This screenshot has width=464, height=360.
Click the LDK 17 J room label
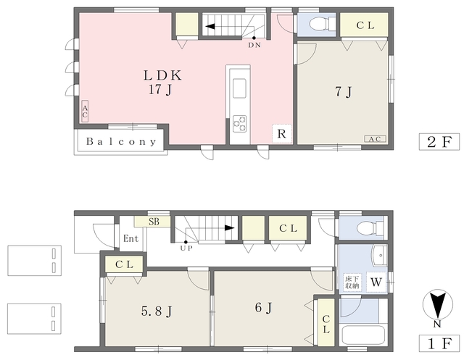(x=162, y=83)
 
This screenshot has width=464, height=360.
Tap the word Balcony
(x=121, y=141)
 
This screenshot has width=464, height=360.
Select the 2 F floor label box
(x=439, y=142)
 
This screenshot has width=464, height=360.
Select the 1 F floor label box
(x=439, y=343)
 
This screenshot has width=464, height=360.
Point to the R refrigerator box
(x=282, y=134)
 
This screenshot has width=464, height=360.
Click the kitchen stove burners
(x=239, y=124)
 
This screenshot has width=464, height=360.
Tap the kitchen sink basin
(x=239, y=88)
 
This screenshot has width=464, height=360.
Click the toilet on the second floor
(x=322, y=23)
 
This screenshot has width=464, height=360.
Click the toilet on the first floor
(x=370, y=228)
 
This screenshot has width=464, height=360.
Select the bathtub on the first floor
(x=363, y=335)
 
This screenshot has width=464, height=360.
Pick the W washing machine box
(x=376, y=282)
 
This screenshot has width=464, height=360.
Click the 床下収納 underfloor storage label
(x=352, y=282)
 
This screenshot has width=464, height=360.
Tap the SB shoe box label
(x=154, y=222)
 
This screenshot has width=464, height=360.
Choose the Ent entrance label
(x=130, y=238)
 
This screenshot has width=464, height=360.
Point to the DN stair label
(x=254, y=45)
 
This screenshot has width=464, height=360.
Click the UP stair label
(x=186, y=248)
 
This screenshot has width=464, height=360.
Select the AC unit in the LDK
(x=85, y=111)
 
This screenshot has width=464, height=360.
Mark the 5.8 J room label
(x=157, y=311)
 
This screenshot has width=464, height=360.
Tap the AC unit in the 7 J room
(x=376, y=139)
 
